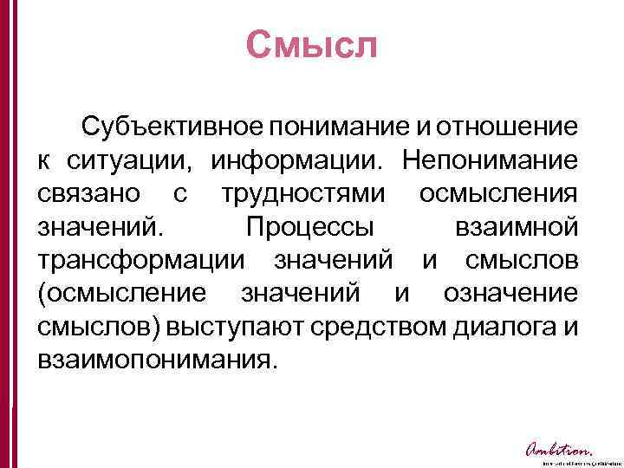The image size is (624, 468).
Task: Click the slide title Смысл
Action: tap(311, 45)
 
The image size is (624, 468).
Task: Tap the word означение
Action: tap(510, 294)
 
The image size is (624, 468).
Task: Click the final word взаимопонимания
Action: tap(156, 360)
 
